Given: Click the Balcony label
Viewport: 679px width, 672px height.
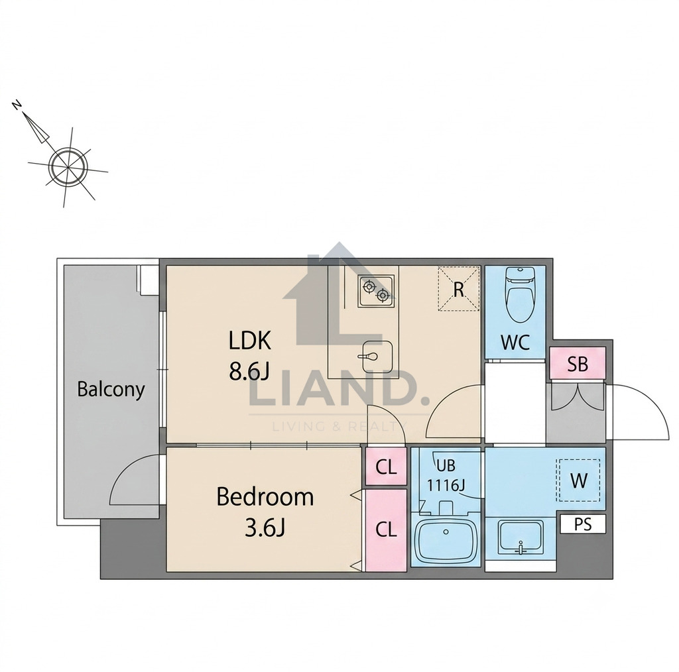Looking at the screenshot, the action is coord(111,390).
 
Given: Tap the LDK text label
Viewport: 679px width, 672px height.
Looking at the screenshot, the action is coord(250,341).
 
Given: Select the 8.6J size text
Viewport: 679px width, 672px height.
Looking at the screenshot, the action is coord(249,371).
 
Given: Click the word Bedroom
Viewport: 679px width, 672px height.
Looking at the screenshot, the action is coord(265,497).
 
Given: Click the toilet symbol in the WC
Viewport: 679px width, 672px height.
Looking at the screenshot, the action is coord(520,294).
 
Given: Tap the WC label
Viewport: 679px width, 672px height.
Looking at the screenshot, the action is coord(515,343).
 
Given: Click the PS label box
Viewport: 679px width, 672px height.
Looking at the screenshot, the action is coord(583,524).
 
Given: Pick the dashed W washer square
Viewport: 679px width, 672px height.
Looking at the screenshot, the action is coord(579,480).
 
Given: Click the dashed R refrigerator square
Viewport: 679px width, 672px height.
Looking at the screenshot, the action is coord(459,289).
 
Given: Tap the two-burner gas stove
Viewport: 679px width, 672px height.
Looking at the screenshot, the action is coord(376,291).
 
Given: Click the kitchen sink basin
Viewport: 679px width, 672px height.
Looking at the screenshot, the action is coord(377,357).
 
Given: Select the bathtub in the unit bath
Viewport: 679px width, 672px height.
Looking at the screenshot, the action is coord(446,541).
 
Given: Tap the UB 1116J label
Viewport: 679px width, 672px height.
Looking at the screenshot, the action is coord(446,476).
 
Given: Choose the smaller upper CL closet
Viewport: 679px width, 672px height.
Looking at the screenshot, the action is coord(387,467).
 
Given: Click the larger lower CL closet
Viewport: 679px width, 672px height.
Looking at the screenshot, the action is coord(387,530).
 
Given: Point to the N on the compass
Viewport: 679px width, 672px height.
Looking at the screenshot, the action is coord(17,105).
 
